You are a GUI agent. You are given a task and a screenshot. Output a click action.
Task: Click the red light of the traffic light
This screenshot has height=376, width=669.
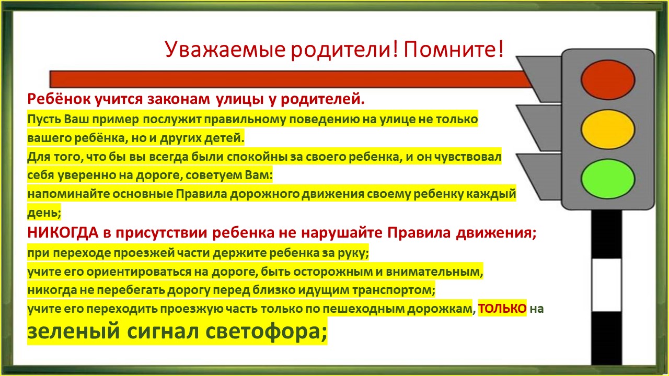[608, 80]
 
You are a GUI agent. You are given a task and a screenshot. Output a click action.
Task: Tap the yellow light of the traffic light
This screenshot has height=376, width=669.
[608, 129]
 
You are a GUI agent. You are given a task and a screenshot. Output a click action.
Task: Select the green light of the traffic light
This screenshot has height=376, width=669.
[608, 179]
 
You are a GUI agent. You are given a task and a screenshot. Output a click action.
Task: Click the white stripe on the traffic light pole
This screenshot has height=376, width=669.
[607, 285]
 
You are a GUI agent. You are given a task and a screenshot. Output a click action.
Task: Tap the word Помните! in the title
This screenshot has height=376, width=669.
[454, 49]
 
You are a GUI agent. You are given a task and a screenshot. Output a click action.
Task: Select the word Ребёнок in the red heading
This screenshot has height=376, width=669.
[59, 99]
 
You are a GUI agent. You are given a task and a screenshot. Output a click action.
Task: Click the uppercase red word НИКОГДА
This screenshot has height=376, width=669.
[63, 232]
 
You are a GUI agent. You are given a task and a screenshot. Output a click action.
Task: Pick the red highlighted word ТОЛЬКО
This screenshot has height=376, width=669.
[502, 309]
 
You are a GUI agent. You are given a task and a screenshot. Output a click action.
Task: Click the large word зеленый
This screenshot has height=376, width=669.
[74, 331]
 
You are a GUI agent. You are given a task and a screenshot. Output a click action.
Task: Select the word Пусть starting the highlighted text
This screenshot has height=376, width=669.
[44, 120]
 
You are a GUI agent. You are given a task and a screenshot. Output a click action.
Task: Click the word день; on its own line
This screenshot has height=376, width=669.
[44, 213]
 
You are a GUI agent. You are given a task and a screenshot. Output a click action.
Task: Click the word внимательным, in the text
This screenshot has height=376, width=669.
[434, 272]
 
